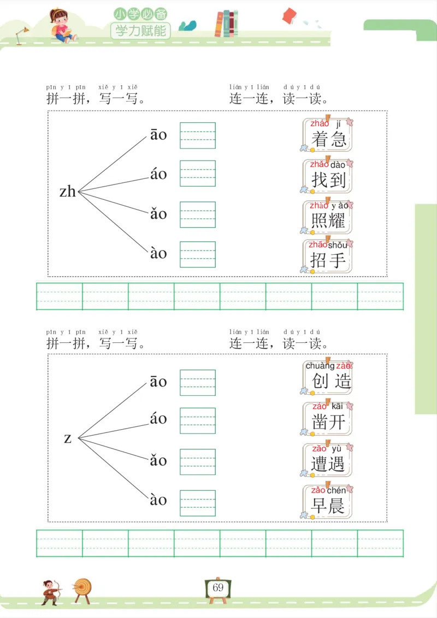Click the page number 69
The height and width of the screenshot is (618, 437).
218,587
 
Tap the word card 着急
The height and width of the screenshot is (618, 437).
328,135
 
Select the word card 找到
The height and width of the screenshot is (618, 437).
328,176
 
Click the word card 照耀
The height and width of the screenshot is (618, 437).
328,217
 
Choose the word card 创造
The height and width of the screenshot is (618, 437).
328,377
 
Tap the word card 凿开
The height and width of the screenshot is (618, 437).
328,418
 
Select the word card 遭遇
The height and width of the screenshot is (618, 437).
328,459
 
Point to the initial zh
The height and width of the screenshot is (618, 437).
68,192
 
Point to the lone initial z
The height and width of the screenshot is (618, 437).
68,438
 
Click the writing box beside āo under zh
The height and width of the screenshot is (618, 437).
198,135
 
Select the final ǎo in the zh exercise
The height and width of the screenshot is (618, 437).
158,213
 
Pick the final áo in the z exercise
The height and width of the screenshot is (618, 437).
158,419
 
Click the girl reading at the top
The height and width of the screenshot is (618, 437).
60,25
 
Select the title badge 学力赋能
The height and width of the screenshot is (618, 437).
140,31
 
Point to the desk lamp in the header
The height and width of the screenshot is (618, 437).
22,35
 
